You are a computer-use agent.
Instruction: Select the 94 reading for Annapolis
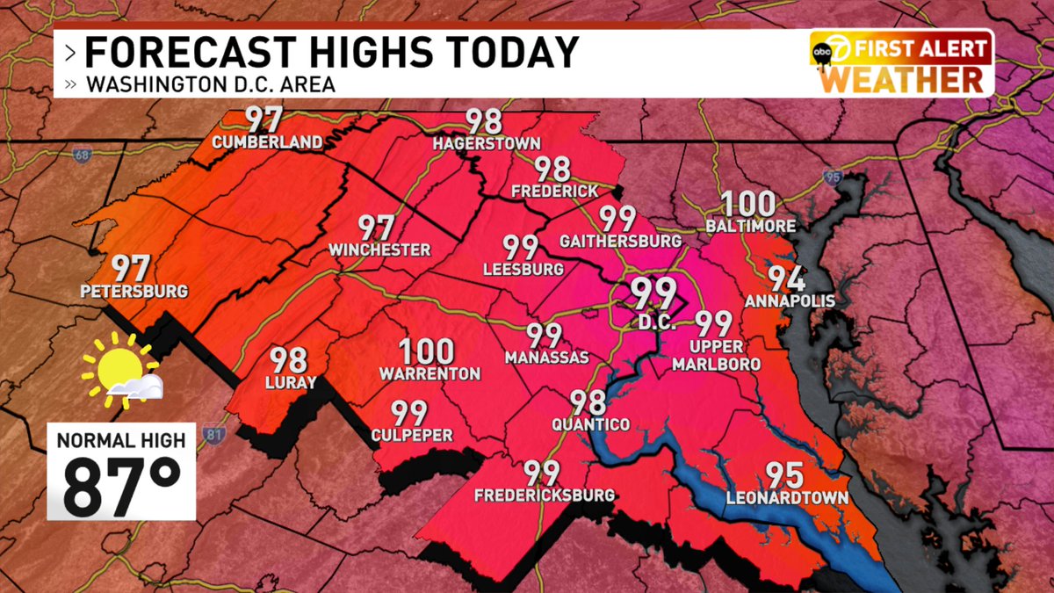coord(787,278)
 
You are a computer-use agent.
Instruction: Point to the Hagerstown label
coord(486,143)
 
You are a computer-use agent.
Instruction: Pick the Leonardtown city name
coord(787,498)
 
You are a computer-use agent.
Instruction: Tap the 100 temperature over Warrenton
coord(429,352)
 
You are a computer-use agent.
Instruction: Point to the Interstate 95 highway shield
coord(833,178)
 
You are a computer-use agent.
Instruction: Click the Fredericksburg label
coord(544,495)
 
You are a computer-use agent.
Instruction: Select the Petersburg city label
coord(133,291)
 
